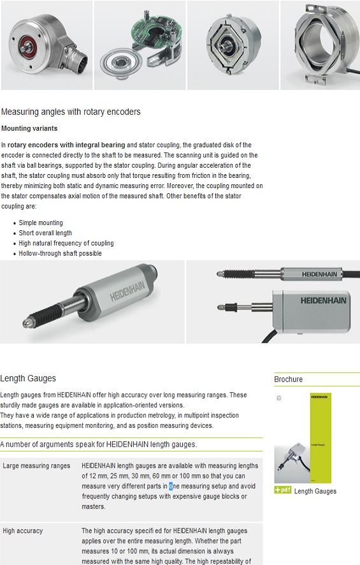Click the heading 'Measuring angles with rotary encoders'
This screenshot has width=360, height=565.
[x=71, y=112]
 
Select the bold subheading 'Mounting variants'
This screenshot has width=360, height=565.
[x=29, y=128]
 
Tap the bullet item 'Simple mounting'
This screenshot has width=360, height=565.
[x=41, y=223]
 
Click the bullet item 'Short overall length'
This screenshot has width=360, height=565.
[x=45, y=233]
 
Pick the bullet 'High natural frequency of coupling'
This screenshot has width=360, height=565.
[x=66, y=243]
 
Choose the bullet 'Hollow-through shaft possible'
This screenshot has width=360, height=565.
[x=60, y=253]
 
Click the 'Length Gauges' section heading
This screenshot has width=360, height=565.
[x=28, y=378]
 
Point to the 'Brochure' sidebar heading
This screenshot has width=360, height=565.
[x=289, y=379]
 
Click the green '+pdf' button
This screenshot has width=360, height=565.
[x=283, y=490]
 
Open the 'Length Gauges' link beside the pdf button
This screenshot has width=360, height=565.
[x=315, y=491]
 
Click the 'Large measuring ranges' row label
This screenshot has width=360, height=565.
[x=36, y=466]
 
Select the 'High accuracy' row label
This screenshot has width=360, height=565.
[x=23, y=531]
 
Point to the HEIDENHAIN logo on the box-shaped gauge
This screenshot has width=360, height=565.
[x=323, y=300]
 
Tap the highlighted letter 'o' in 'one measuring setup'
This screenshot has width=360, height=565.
[x=171, y=486]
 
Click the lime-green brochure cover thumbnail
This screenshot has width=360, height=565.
[x=320, y=438]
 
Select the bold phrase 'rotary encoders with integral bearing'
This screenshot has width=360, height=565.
[x=66, y=145]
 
